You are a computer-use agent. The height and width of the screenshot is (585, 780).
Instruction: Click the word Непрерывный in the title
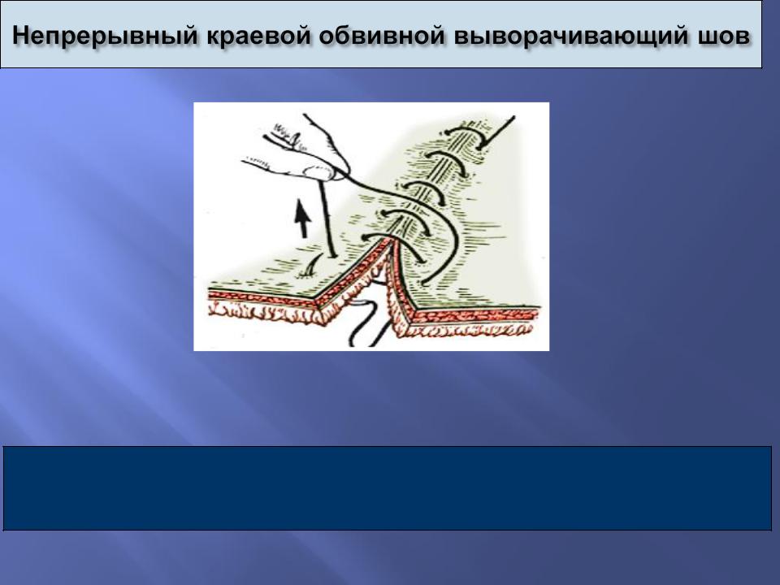coord(106,36)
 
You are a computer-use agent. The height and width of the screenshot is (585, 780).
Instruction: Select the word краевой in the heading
coord(261,35)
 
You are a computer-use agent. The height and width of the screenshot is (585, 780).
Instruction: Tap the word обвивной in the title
coord(382,35)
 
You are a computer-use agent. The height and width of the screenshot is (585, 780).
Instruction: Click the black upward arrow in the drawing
coord(302,218)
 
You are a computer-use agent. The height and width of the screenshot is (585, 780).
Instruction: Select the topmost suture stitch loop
coord(465,134)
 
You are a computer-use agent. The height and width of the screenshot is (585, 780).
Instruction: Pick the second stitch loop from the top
coord(446,159)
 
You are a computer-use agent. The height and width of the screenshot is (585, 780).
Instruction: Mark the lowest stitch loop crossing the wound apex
coord(393,239)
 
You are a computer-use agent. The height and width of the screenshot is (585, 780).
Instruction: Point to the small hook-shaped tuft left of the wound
coord(310,269)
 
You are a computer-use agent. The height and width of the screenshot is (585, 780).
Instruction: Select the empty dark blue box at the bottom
coord(387,488)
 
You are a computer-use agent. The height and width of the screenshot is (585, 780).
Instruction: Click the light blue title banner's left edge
coord(1,35)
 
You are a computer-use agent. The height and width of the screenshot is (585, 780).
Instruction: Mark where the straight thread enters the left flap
coord(331,256)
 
